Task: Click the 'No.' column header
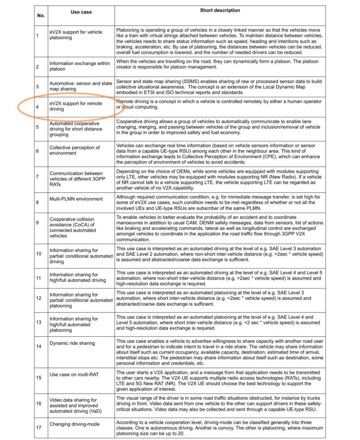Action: tap(41, 15)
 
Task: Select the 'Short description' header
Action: tap(220, 10)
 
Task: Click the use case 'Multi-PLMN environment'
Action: tap(75, 199)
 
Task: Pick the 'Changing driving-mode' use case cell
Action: tap(74, 424)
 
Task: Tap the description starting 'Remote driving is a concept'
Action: tap(219, 104)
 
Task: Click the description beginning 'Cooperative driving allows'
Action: tap(219, 128)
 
